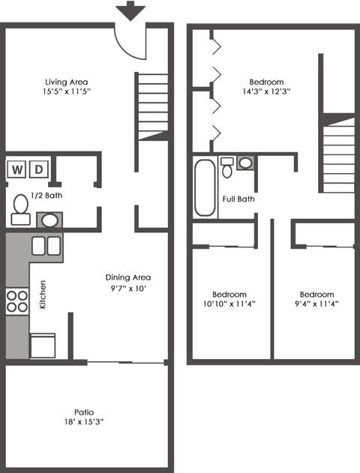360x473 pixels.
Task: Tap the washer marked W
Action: pos(16,169)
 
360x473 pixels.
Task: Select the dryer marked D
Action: pos(38,169)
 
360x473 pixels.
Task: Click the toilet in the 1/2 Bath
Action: pos(19,208)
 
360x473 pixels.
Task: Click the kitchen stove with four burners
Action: pos(16,300)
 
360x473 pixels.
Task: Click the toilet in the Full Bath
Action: pos(226,167)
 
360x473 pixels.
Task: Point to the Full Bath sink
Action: pos(245,163)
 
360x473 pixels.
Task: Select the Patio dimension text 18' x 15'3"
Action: pos(84,422)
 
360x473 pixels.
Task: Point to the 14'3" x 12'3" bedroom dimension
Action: pos(266,91)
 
